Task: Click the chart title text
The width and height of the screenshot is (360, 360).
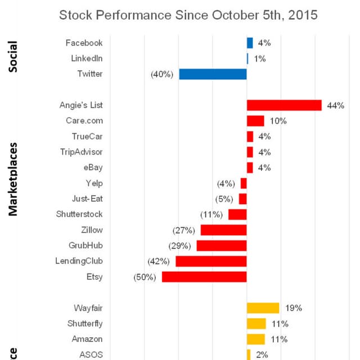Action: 188,15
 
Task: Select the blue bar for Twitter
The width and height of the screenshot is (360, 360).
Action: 213,74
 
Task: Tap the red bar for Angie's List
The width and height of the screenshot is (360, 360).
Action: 284,105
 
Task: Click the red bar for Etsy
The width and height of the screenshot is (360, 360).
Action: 204,277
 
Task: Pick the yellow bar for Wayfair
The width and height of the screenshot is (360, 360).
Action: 263,308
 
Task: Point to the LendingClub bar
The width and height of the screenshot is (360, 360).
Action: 211,261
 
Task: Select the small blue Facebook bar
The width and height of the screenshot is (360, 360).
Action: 250,43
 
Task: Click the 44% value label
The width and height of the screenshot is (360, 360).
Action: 335,105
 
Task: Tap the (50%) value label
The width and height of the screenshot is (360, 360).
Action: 145,277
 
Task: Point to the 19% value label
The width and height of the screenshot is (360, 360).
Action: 293,308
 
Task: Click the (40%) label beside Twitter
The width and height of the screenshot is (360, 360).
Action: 162,74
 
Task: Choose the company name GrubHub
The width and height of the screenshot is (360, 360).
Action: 85,246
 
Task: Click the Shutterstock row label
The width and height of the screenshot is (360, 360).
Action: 79,214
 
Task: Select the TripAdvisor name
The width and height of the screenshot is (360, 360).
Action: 82,152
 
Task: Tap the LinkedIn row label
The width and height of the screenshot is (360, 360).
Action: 87,58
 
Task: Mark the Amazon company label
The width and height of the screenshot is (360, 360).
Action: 87,339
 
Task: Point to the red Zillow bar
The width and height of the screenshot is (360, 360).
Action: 223,230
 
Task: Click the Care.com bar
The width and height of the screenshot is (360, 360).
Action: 255,121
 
